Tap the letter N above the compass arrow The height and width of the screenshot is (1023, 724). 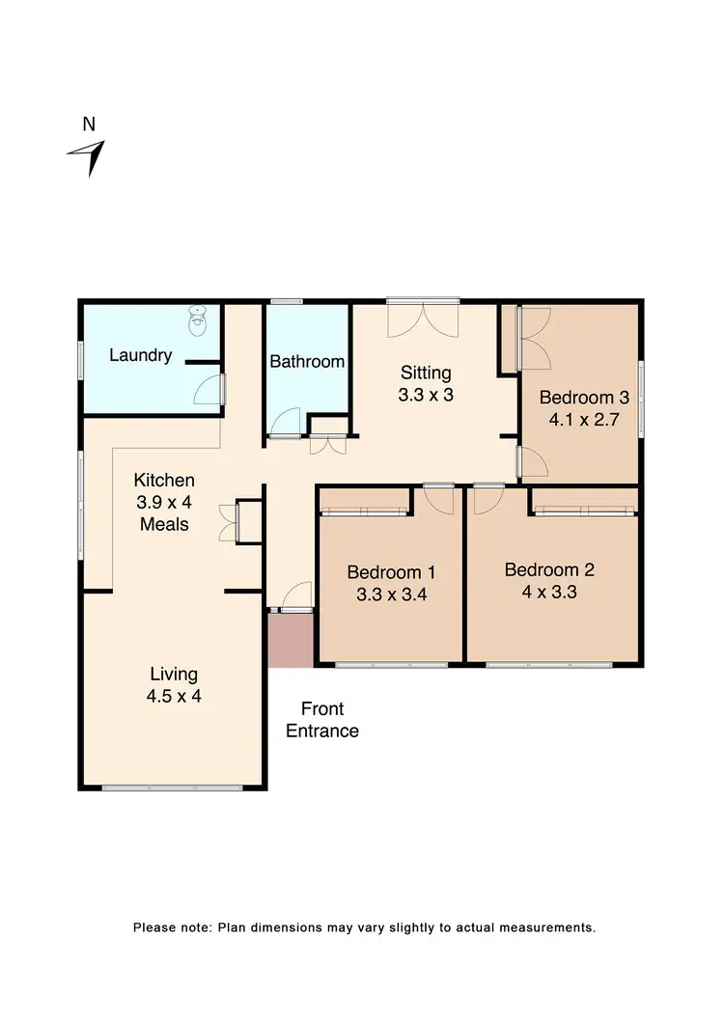click(89, 124)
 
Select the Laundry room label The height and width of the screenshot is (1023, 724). click(140, 355)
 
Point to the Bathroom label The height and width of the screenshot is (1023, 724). click(307, 362)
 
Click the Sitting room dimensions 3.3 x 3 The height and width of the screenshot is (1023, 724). click(426, 395)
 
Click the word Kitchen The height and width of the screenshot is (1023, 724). click(164, 480)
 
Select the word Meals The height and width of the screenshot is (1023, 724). click(164, 524)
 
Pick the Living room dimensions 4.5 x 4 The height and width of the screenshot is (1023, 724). click(174, 696)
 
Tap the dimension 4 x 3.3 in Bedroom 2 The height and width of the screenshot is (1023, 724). click(549, 592)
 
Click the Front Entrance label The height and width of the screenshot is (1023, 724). click(322, 720)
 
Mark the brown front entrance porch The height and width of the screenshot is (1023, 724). click(291, 639)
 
